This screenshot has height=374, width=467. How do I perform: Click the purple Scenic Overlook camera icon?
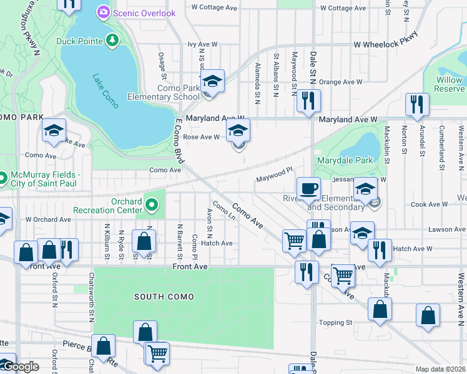click(104, 12)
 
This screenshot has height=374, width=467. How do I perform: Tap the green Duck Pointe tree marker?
click(112, 41)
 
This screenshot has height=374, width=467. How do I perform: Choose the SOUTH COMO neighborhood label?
click(164, 297)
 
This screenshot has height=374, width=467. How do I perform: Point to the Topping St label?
click(336, 322)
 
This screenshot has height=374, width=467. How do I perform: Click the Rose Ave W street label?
click(200, 137)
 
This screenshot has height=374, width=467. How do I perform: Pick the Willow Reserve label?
click(449, 84)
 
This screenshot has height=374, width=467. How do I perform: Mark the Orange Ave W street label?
click(340, 82)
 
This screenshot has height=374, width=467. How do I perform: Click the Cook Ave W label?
click(426, 204)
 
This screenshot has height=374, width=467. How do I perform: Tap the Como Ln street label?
click(223, 211)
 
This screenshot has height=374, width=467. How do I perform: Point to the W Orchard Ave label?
click(48, 219)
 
